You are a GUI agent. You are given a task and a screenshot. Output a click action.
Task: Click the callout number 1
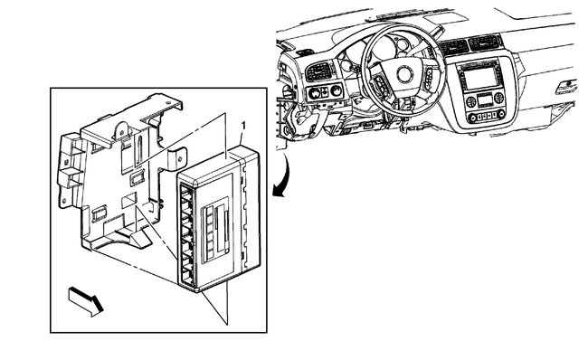click(242, 121)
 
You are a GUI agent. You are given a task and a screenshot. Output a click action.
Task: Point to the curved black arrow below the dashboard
click(284, 177)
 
